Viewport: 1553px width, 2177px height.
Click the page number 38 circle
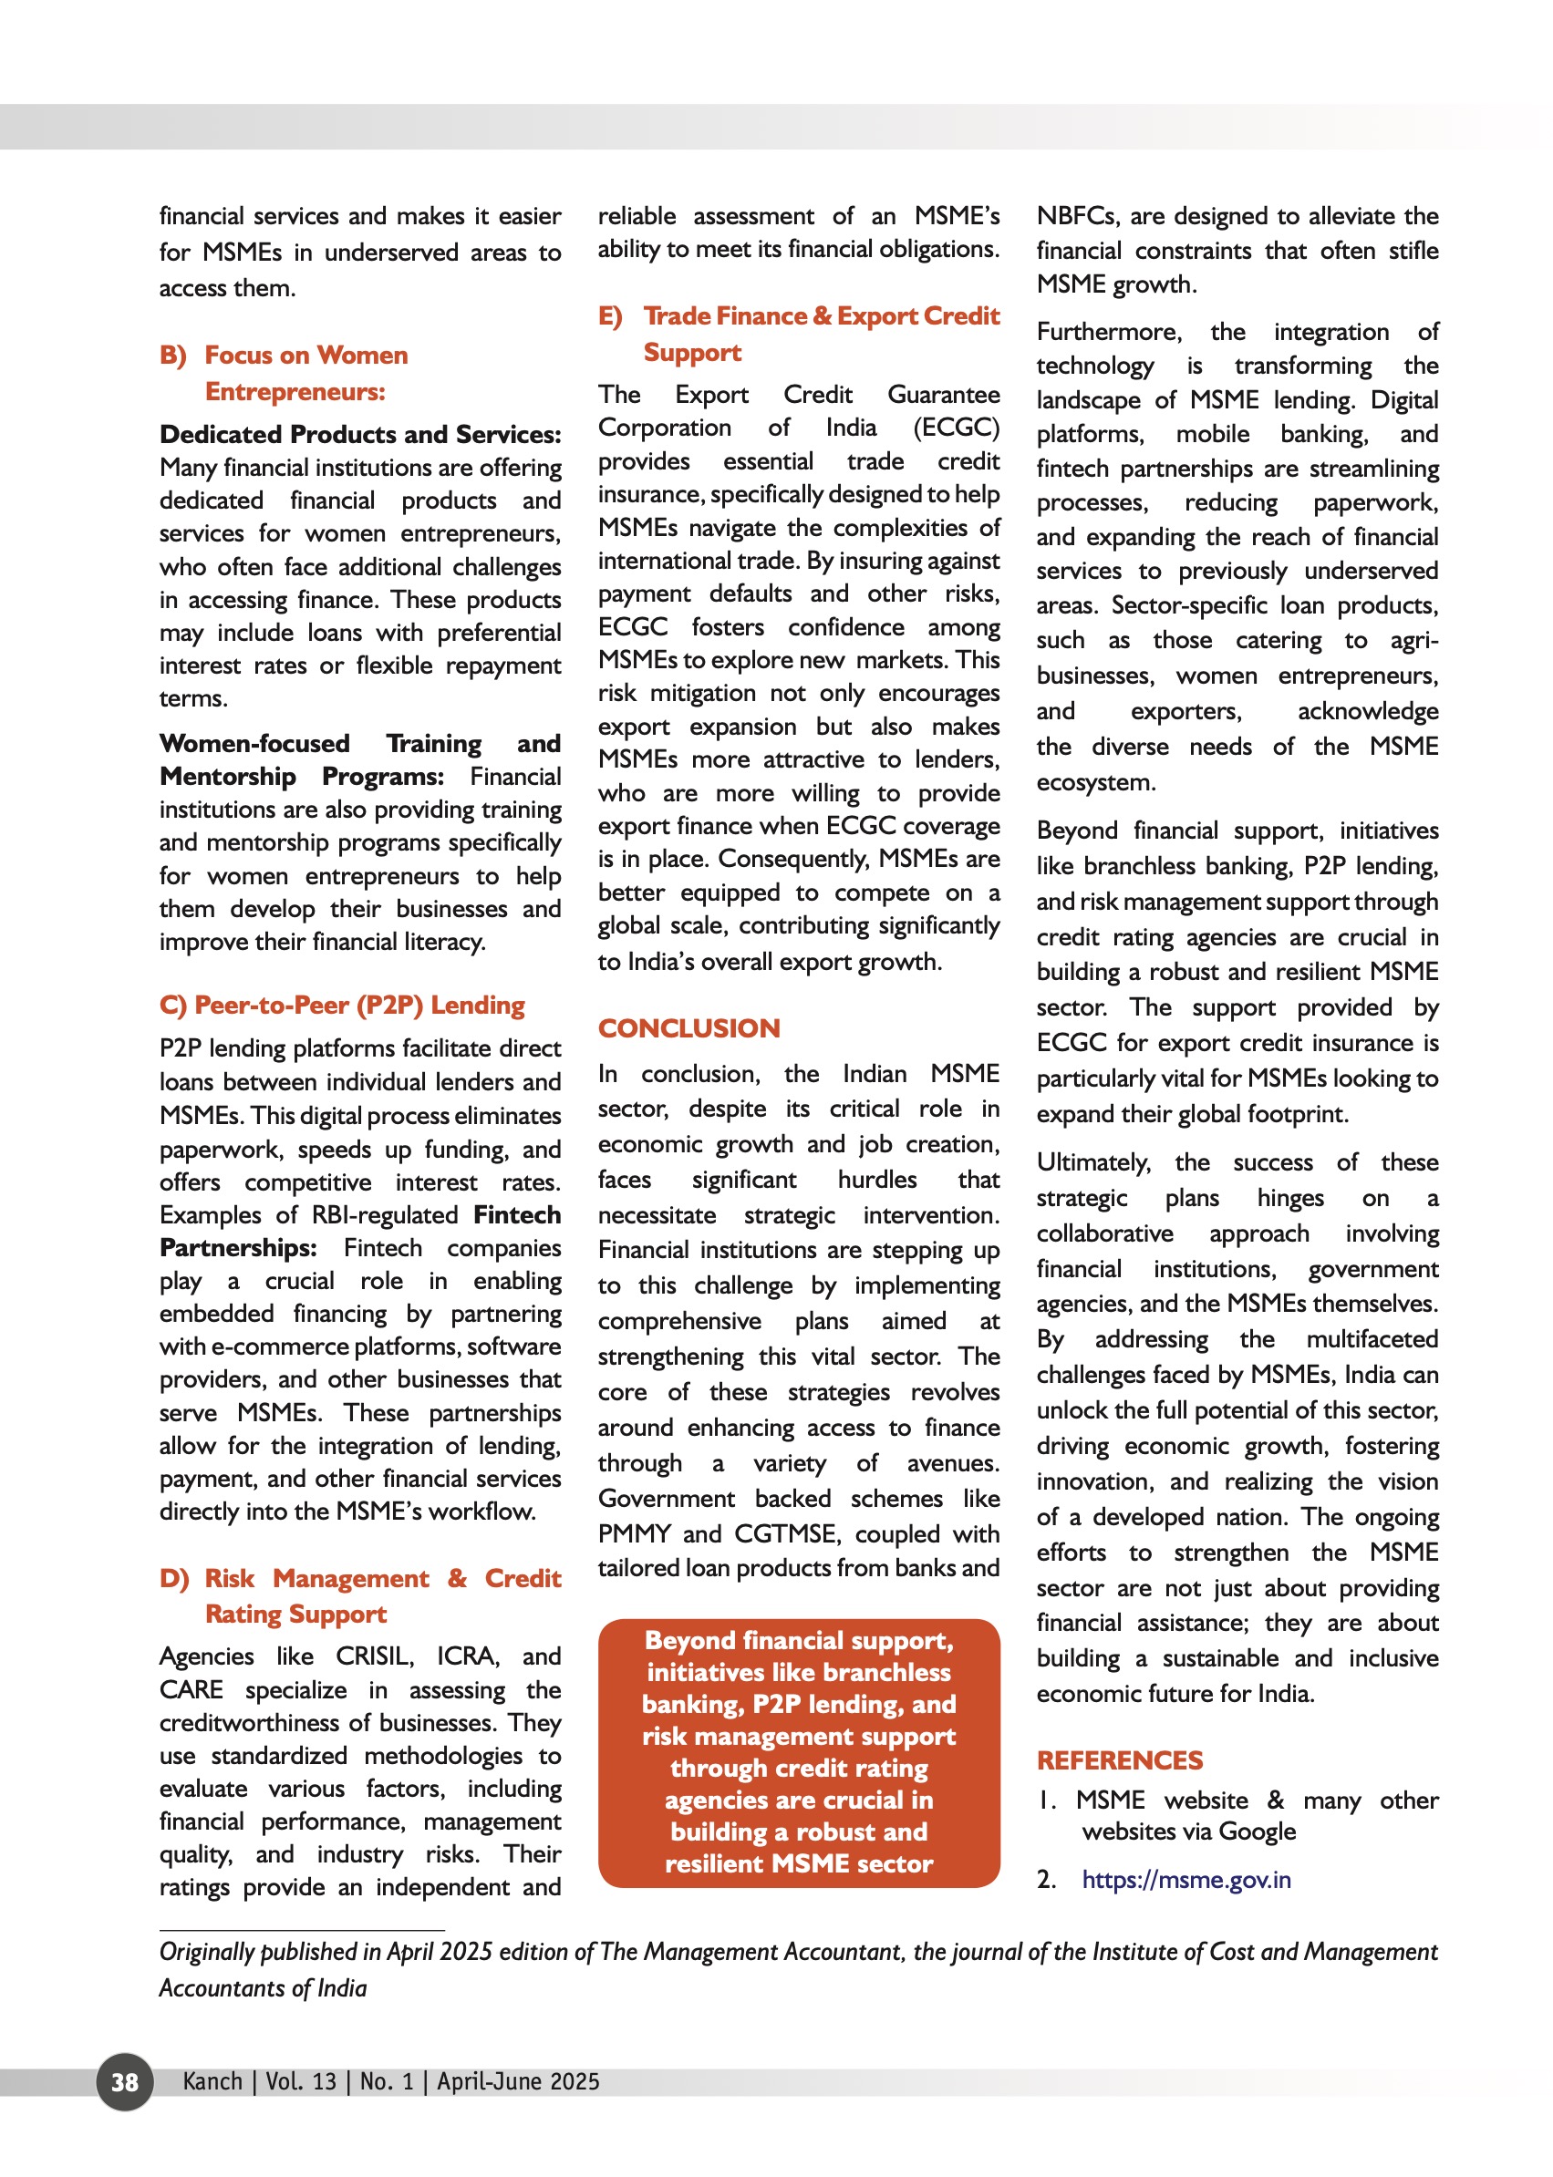pyautogui.click(x=124, y=2081)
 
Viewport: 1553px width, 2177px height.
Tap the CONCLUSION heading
pyautogui.click(x=688, y=1027)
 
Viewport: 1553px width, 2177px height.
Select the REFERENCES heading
pyautogui.click(x=1119, y=1760)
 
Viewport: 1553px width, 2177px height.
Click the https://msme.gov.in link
pyautogui.click(x=1185, y=1880)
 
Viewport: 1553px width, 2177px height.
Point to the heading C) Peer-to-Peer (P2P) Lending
pyautogui.click(x=341, y=1005)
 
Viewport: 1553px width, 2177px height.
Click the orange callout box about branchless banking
pyautogui.click(x=799, y=1751)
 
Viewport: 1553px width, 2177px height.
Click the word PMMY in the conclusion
pyautogui.click(x=634, y=1533)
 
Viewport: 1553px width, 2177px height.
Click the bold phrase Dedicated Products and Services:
pyautogui.click(x=359, y=434)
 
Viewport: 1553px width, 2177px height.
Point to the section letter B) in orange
pyautogui.click(x=173, y=356)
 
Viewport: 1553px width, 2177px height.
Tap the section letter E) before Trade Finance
pyautogui.click(x=610, y=316)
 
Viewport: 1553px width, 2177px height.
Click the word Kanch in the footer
pyautogui.click(x=212, y=2081)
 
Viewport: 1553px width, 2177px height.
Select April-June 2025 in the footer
pyautogui.click(x=518, y=2081)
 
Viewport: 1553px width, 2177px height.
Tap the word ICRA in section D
pyautogui.click(x=468, y=1656)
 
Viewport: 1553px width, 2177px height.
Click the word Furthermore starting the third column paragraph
pyautogui.click(x=1108, y=332)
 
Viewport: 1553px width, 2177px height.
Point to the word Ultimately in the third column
pyautogui.click(x=1093, y=1162)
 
